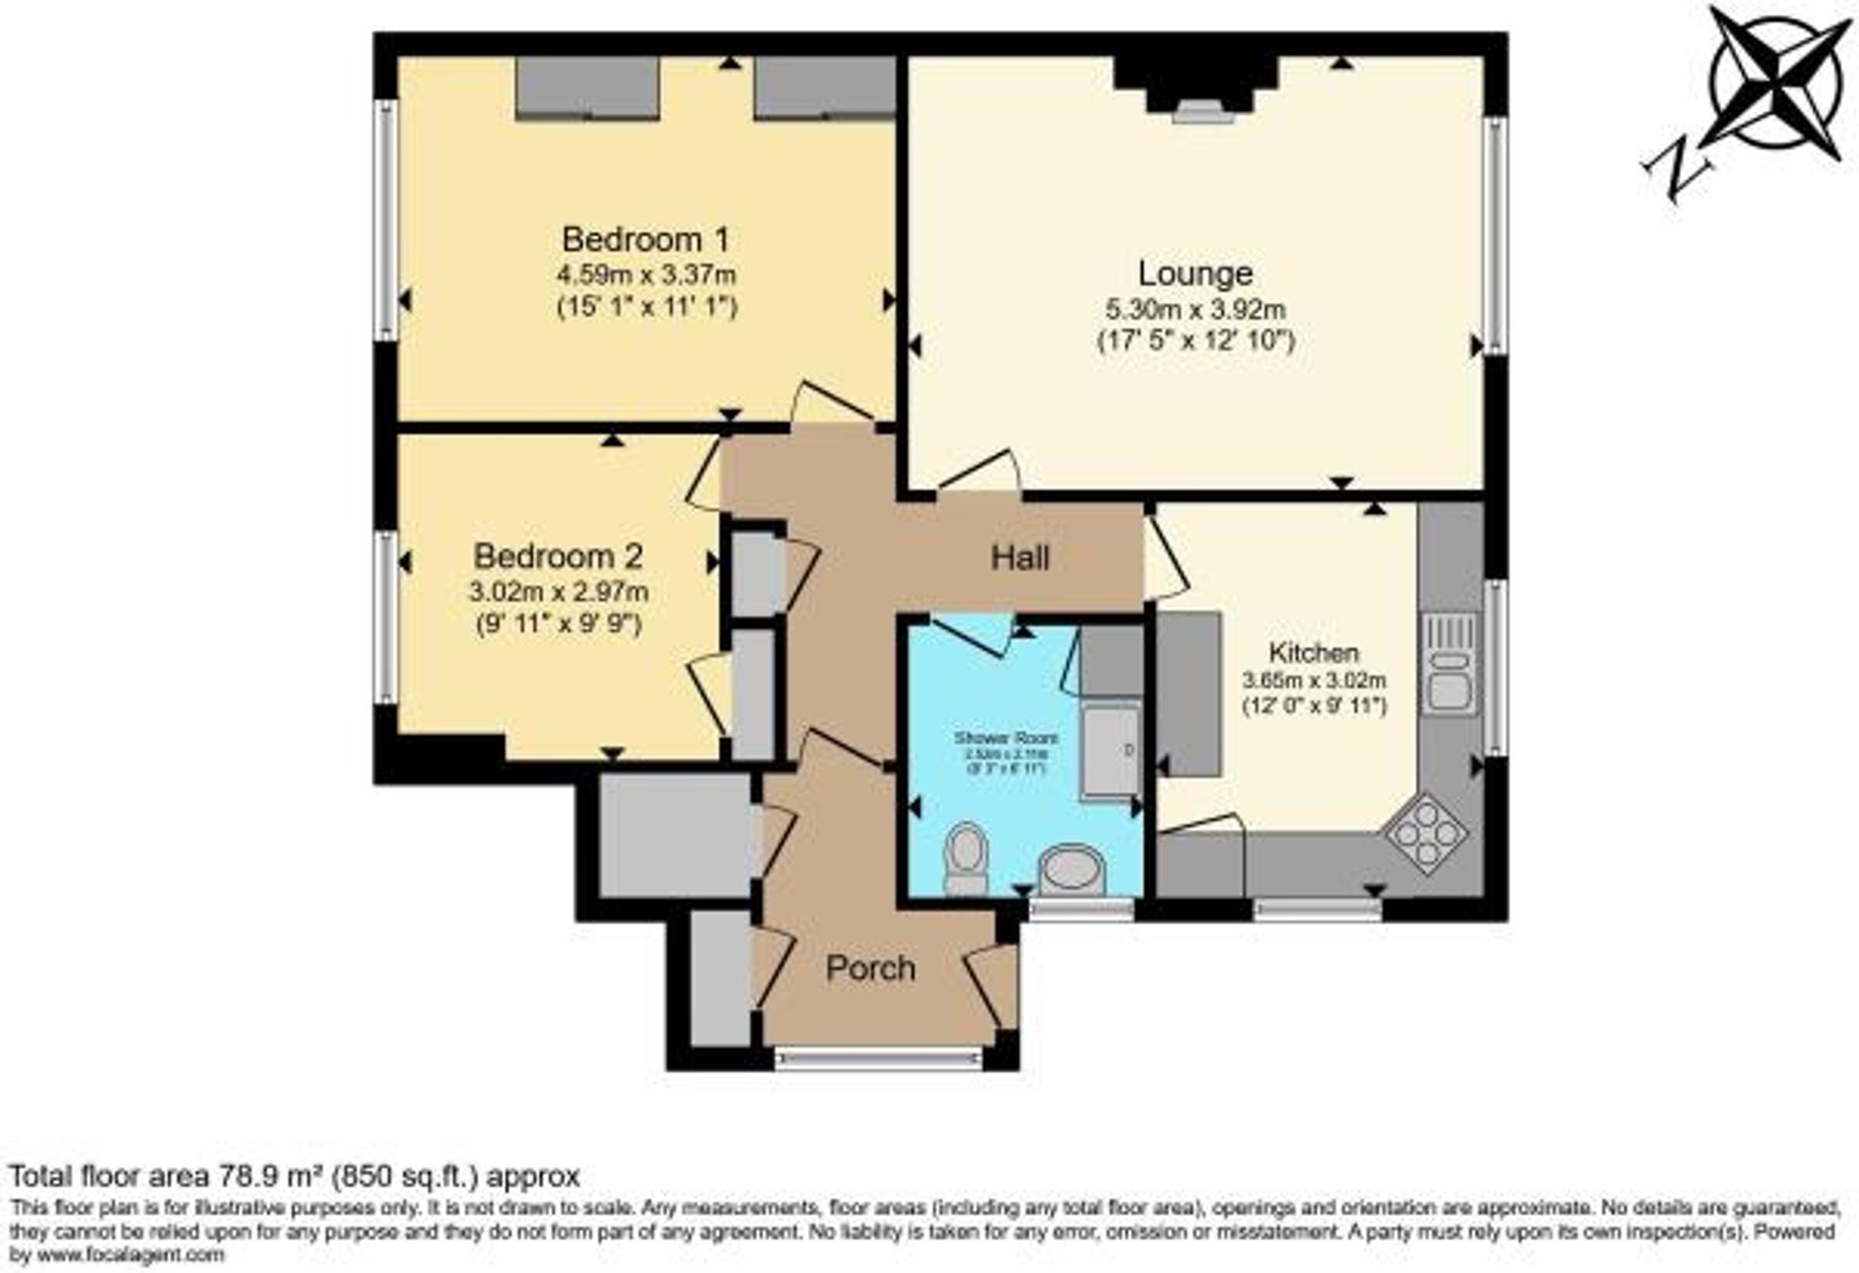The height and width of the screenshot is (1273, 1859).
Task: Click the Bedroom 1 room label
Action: coord(645,240)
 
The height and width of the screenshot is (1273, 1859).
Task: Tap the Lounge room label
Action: coord(1195,273)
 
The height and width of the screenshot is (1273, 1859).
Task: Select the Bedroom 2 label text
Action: coord(558,557)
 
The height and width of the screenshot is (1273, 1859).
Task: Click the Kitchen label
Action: coord(1313,652)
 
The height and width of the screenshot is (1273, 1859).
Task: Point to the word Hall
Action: coord(1020,558)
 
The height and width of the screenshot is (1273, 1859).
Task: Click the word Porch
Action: coord(870,969)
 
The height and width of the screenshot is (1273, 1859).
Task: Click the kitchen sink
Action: coord(1449,676)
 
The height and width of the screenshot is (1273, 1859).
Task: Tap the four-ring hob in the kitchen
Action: coord(1426,832)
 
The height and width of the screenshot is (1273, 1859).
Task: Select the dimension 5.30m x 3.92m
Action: coord(1195,308)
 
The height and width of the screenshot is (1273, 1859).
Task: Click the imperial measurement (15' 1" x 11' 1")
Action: coord(647,307)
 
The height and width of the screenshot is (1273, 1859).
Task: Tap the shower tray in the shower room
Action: coord(1111,750)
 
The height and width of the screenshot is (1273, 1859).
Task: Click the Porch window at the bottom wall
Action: coord(878,1058)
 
